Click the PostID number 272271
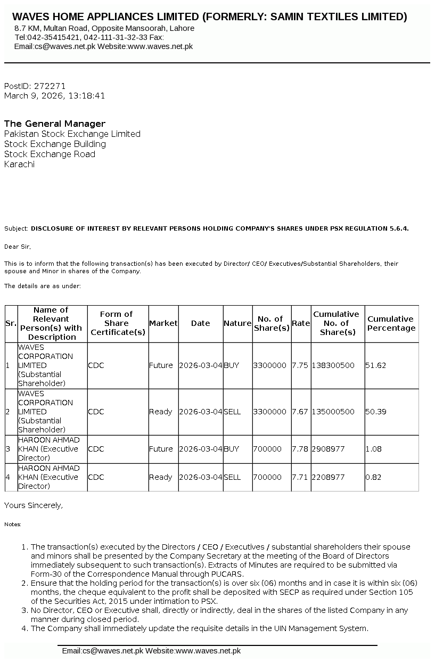pyautogui.click(x=50, y=86)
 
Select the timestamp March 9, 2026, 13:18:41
pyautogui.click(x=54, y=96)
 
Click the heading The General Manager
pyautogui.click(x=55, y=124)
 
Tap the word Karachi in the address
pyautogui.click(x=19, y=164)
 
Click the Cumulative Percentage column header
pyautogui.click(x=391, y=323)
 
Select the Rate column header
pyautogui.click(x=301, y=323)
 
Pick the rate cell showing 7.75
pyautogui.click(x=300, y=365)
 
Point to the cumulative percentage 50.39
pyautogui.click(x=375, y=412)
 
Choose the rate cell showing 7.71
pyautogui.click(x=300, y=477)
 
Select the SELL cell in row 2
pyautogui.click(x=232, y=412)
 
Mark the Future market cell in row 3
pyautogui.click(x=161, y=449)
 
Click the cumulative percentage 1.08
pyautogui.click(x=373, y=449)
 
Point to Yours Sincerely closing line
pyautogui.click(x=33, y=505)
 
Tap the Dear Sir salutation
pyautogui.click(x=18, y=247)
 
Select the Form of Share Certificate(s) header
pyautogui.click(x=118, y=323)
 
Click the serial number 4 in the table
pyautogui.click(x=7, y=477)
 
